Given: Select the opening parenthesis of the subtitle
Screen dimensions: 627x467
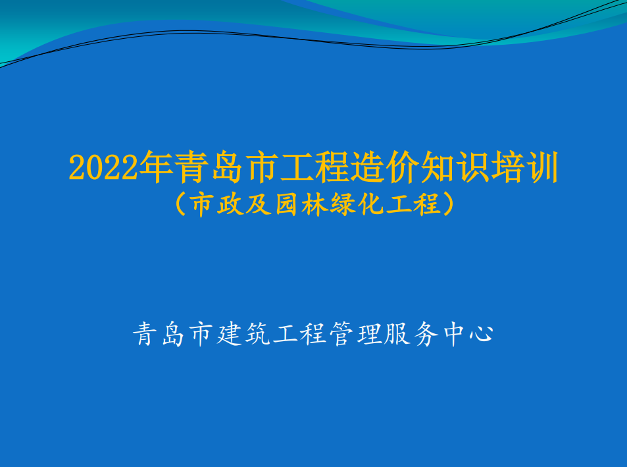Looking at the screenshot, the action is (x=181, y=204).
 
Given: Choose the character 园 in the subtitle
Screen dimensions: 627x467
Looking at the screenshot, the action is (x=286, y=204).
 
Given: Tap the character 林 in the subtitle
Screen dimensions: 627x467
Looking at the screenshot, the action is (x=314, y=204).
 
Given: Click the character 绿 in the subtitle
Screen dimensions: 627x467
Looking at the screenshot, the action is (x=342, y=204).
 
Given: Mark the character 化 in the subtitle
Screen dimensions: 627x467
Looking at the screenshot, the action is (x=370, y=204).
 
